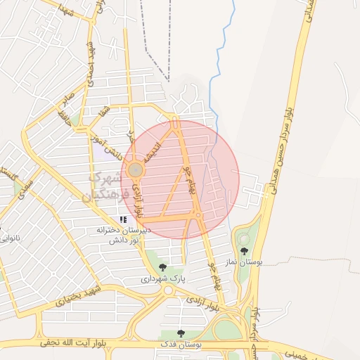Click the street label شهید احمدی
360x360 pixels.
click(x=89, y=62)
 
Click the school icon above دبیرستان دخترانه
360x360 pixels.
click(x=124, y=219)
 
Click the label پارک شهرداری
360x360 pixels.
click(x=162, y=278)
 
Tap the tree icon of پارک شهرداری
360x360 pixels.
click(x=163, y=267)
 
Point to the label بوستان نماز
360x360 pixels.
click(x=247, y=262)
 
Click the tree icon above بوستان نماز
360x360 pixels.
click(x=244, y=251)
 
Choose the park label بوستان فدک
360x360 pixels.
click(x=181, y=346)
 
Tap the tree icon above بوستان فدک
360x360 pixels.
click(x=181, y=334)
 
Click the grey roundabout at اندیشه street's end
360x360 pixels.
click(x=134, y=169)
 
